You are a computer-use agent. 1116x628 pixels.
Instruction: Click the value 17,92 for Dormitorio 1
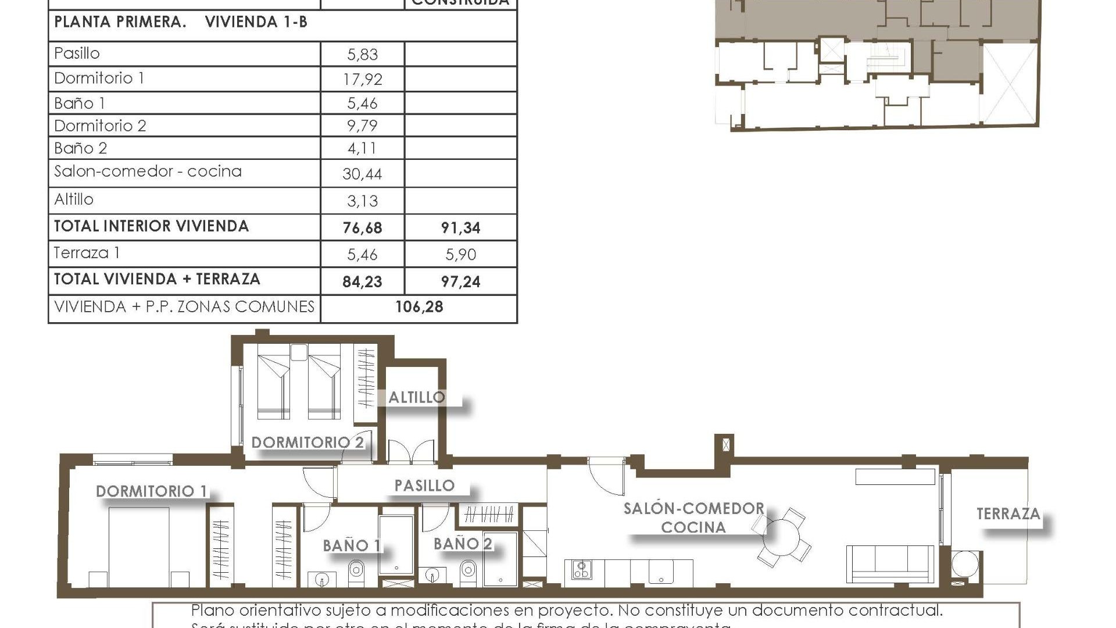coord(362,79)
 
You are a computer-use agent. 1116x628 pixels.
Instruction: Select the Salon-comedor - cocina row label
coord(148,172)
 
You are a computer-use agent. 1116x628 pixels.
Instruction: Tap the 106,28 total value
coord(419,307)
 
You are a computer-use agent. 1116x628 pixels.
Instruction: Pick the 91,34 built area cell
coord(460,228)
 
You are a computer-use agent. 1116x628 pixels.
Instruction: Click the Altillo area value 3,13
coord(362,201)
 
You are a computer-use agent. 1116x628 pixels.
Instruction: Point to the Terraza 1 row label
coord(87,253)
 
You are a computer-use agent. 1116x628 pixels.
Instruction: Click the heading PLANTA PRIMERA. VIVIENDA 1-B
coord(180,22)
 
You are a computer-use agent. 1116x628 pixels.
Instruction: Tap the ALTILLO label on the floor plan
coord(416,398)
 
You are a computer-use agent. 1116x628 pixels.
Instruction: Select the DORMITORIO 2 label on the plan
coord(307,443)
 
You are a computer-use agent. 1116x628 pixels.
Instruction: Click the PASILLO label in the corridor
coord(424,486)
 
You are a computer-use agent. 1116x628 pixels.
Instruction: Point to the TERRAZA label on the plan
coord(1008,514)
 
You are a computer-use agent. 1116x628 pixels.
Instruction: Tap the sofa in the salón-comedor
coord(890,563)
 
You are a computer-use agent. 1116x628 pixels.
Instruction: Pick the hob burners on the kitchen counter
coord(582,569)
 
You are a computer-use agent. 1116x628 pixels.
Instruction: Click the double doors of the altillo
coord(411,452)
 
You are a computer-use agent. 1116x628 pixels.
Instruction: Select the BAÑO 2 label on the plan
coord(463,544)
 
